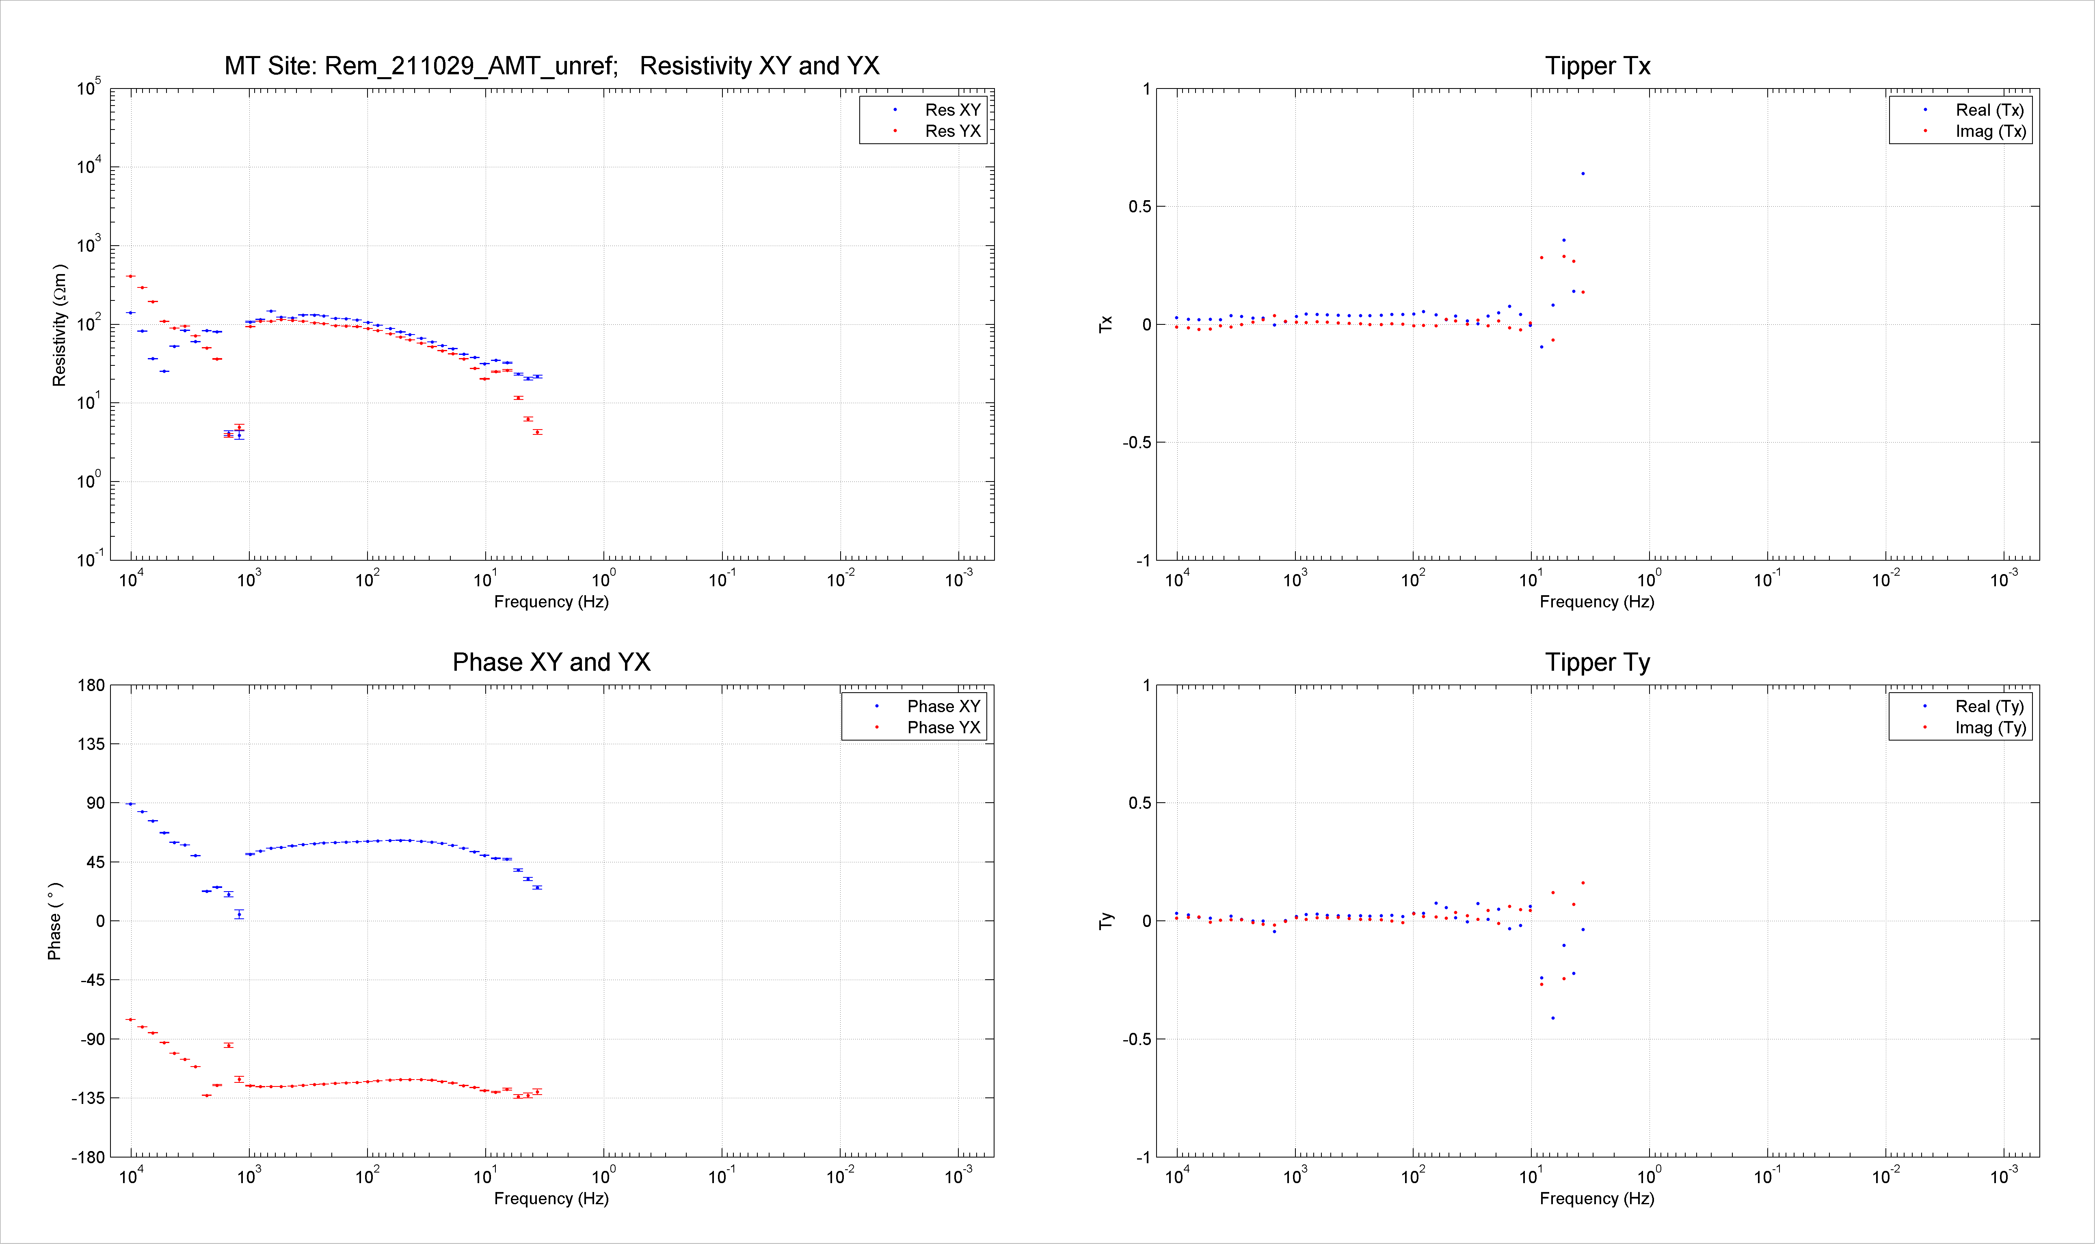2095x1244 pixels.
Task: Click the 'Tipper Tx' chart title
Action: (x=1598, y=66)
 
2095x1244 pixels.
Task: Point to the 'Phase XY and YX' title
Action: (x=551, y=662)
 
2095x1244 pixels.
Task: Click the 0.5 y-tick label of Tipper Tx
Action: (x=1140, y=207)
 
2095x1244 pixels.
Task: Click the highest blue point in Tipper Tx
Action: (x=1583, y=173)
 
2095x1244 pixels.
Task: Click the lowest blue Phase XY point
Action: (x=239, y=915)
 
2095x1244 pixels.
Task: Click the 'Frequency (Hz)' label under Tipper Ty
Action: (x=1597, y=1199)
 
